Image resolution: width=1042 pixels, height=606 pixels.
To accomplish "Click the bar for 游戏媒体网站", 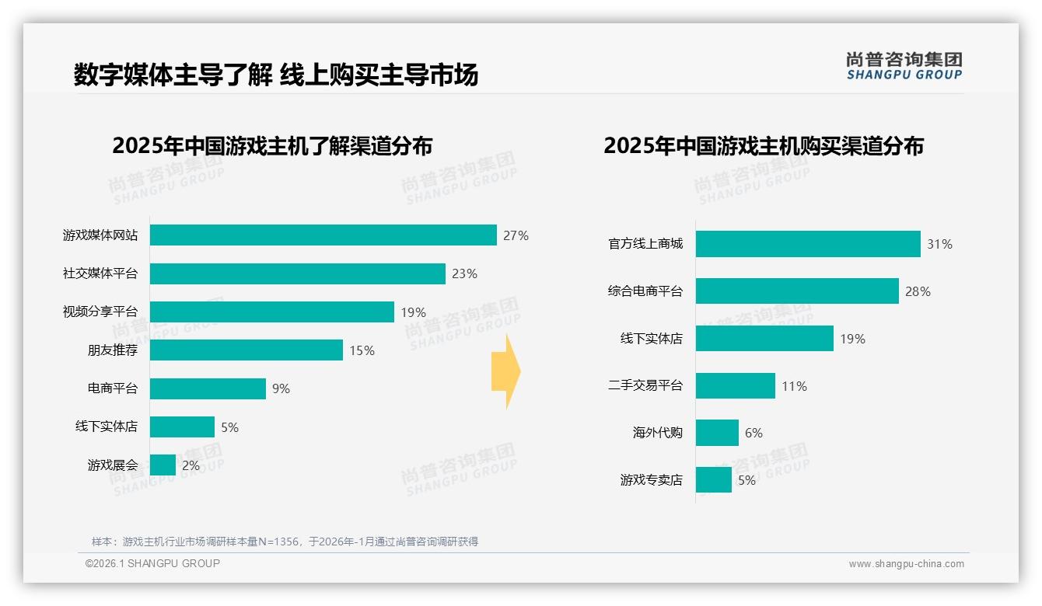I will [x=323, y=235].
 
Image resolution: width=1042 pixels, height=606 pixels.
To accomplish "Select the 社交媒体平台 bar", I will [x=297, y=273].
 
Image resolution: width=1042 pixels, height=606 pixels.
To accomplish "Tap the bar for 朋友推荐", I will [x=246, y=350].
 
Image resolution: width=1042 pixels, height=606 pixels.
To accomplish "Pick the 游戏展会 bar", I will [x=163, y=465].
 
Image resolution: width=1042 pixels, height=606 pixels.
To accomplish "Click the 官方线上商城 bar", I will [x=808, y=244].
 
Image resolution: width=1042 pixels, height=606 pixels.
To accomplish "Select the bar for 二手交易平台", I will [x=735, y=386].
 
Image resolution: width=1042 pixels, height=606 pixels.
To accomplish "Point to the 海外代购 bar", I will [x=717, y=433].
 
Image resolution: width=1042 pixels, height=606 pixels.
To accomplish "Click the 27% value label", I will [x=516, y=235].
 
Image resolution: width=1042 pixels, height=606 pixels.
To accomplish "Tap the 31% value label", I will [x=939, y=244].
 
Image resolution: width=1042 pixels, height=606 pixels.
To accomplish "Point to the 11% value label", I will [x=794, y=386].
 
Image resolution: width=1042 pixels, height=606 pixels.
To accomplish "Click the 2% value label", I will [x=191, y=466].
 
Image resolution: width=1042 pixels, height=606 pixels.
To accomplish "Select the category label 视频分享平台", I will [x=100, y=312].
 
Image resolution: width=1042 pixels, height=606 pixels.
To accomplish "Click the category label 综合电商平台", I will [x=645, y=292].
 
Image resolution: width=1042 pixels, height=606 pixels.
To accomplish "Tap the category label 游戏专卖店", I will [x=651, y=480].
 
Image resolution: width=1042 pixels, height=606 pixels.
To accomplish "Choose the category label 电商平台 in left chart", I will [x=112, y=388].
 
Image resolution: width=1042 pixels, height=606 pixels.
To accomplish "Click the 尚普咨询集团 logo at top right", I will [x=904, y=65].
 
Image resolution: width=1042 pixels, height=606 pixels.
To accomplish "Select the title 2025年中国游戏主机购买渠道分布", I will [x=763, y=146].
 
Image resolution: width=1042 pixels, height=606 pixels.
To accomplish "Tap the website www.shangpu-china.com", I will [x=906, y=564].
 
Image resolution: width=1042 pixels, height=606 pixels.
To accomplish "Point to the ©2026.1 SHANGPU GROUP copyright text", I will [x=152, y=563].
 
